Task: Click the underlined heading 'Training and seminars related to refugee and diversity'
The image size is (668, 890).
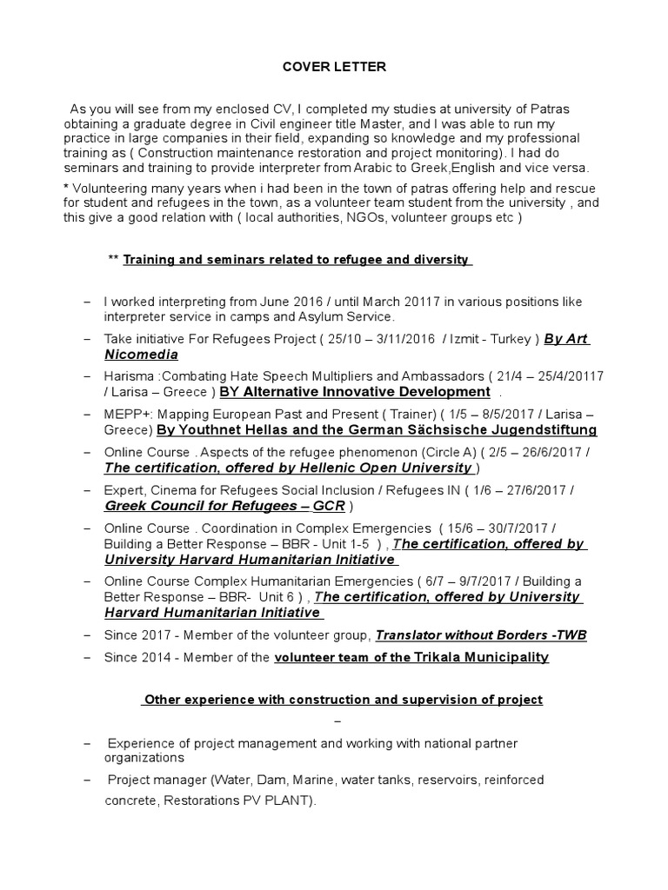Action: click(297, 260)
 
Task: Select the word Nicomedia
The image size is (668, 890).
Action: click(141, 355)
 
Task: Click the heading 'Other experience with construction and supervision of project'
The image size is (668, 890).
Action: click(343, 699)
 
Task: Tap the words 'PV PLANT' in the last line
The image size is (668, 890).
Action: click(279, 802)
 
